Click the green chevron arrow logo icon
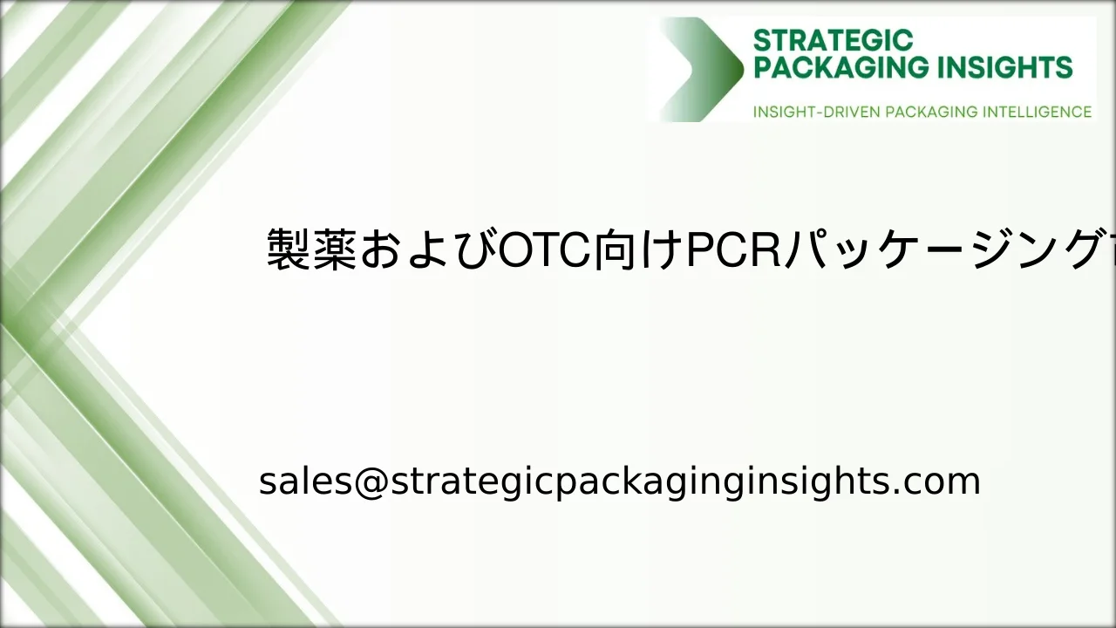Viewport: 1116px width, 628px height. pyautogui.click(x=702, y=70)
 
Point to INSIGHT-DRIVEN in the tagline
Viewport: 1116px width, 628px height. pyautogui.click(x=816, y=112)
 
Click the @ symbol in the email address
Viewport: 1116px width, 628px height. pyautogui.click(x=371, y=481)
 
